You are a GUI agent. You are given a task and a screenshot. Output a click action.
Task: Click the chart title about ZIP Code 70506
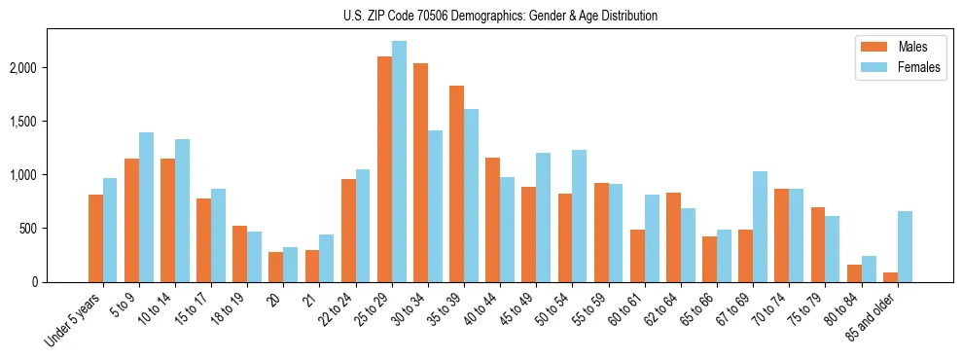[500, 16]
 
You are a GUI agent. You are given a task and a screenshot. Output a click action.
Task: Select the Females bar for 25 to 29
[399, 162]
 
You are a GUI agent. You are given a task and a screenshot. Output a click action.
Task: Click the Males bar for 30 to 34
[421, 173]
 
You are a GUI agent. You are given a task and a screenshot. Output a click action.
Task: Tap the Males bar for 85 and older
[890, 277]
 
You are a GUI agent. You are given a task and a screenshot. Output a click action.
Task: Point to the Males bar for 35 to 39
[457, 184]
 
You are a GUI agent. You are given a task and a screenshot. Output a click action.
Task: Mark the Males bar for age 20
[276, 268]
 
